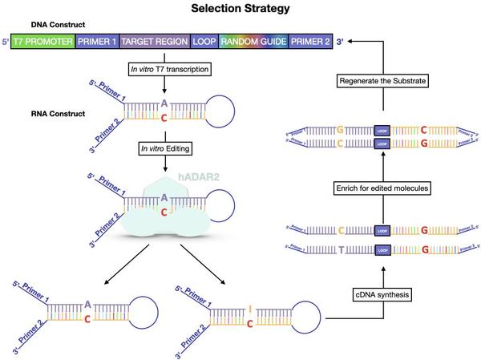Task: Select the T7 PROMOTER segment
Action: [x=42, y=40]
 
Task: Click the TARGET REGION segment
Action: [x=155, y=40]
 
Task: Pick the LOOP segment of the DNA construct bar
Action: [x=204, y=40]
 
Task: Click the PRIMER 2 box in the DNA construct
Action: [x=309, y=40]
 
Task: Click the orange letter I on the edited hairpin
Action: [x=252, y=307]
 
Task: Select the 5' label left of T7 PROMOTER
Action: [x=6, y=40]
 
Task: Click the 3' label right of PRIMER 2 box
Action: [x=341, y=40]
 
